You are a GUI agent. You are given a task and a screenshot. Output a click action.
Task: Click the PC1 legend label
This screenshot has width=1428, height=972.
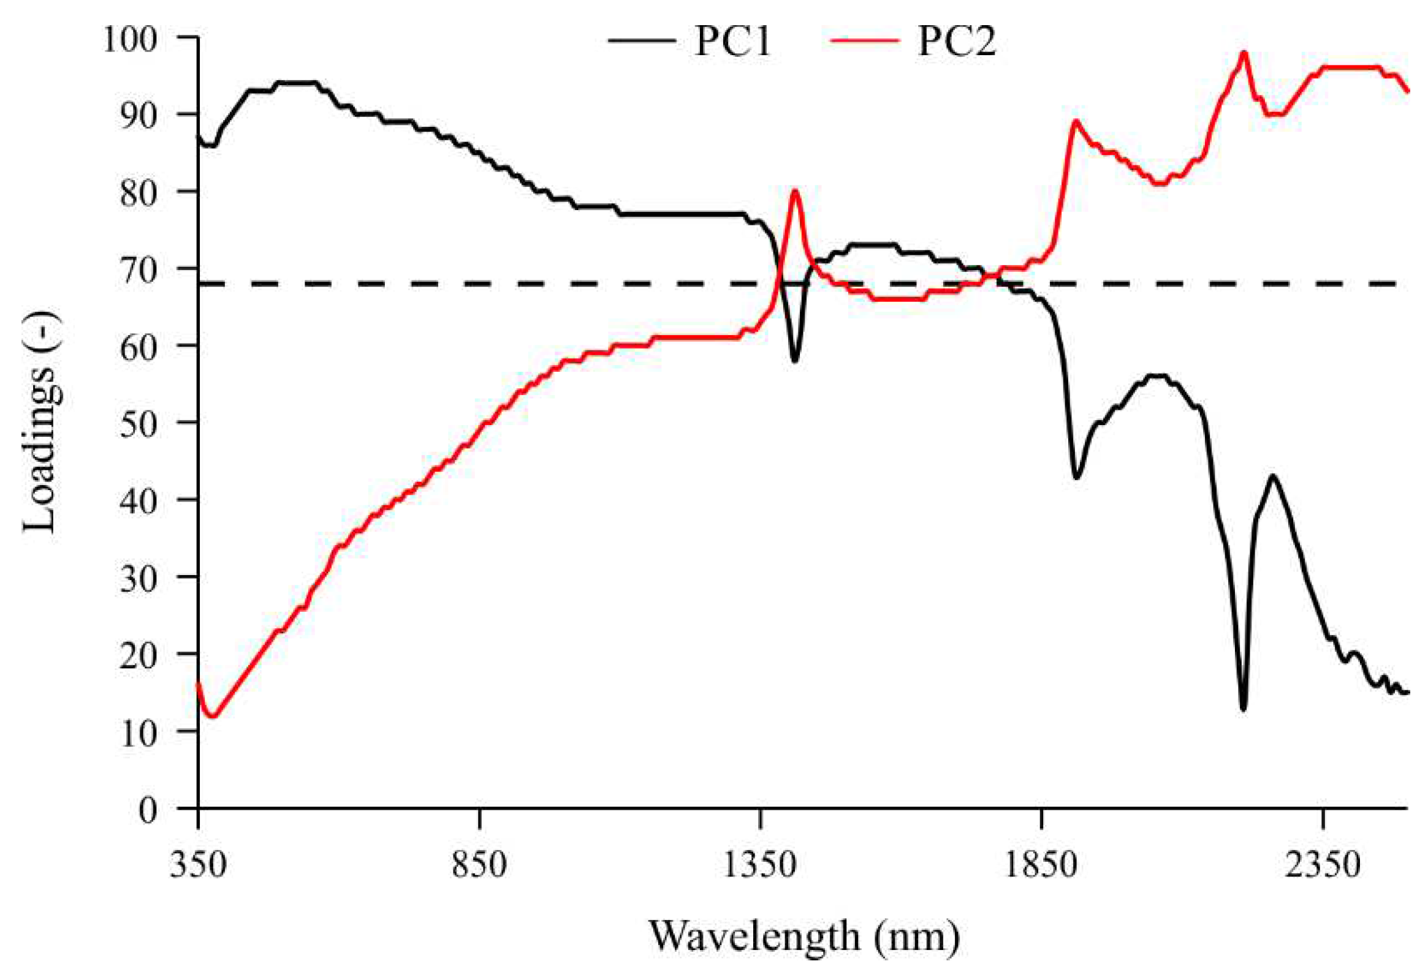pos(732,42)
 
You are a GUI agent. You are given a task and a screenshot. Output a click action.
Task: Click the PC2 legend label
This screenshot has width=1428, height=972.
pos(956,42)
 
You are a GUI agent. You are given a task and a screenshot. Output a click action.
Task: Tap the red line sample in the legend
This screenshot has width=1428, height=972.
pos(864,40)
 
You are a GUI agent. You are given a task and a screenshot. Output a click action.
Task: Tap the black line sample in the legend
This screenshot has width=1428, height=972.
pos(642,40)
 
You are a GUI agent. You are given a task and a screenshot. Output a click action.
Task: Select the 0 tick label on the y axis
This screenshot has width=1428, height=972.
pos(148,810)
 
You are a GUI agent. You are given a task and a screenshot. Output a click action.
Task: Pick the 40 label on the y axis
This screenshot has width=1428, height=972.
pos(139,500)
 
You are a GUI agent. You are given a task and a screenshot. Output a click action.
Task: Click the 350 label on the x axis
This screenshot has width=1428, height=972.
pos(198,865)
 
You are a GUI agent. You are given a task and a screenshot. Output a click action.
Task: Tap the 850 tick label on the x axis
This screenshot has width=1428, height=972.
pos(479,865)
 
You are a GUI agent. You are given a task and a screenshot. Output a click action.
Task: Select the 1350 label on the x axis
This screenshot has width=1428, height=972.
pos(760,865)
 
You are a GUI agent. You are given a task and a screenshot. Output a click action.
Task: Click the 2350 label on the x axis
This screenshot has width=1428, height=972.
pos(1323,865)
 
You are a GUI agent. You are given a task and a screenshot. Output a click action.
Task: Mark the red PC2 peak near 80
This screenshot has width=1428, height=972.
pos(795,191)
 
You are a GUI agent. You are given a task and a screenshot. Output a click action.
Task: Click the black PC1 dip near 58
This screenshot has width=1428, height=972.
pos(794,361)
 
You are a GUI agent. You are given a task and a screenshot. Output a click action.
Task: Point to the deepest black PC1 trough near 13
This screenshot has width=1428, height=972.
pos(1243,710)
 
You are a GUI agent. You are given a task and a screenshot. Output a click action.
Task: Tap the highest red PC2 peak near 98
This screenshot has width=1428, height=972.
pos(1244,53)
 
